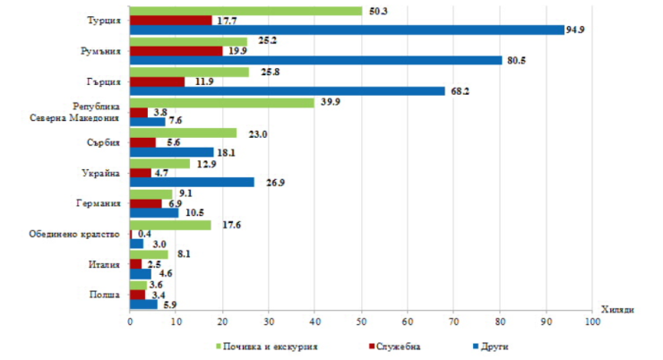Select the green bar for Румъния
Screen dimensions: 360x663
[x=188, y=41]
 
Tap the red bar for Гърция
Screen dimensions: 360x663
[x=158, y=81]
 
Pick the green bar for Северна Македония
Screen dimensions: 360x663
[x=222, y=102]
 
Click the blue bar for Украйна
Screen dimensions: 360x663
[x=192, y=182]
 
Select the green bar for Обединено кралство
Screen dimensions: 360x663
[x=171, y=225]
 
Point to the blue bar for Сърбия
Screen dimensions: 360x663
[x=172, y=152]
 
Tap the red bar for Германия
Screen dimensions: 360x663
[x=146, y=202]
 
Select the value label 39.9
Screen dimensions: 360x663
[x=331, y=102]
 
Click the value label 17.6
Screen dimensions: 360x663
[x=227, y=225]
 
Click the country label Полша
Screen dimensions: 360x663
[x=105, y=294]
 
